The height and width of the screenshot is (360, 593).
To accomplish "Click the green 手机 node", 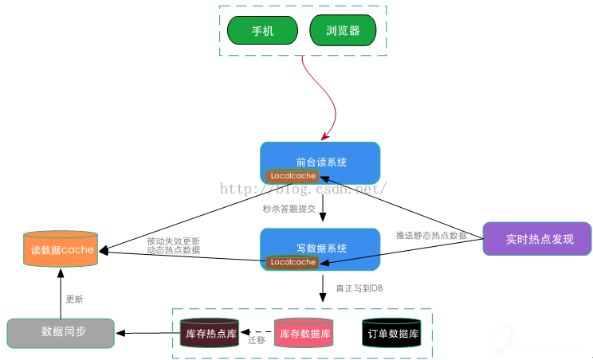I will coord(262,31).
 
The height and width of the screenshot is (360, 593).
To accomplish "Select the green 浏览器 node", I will coord(343,31).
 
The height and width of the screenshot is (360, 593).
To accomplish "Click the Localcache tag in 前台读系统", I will coord(293,176).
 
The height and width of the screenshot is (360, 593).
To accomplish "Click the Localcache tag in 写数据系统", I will coord(293,262).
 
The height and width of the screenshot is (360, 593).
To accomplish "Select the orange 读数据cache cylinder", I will coord(61,250).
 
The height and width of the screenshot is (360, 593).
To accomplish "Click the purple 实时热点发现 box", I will coord(537,239).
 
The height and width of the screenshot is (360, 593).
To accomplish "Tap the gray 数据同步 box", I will coord(61,332).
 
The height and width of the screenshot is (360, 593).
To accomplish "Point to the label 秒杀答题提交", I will coord(289,209).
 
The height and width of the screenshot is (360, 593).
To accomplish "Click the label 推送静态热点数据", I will coord(431,235).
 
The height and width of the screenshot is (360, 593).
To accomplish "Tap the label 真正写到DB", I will coord(359,288).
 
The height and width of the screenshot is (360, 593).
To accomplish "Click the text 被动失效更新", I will coord(173,241).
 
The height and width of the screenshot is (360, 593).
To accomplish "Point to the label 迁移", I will coord(257,340).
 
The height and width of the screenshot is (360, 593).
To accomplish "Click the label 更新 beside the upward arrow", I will coord(74,299).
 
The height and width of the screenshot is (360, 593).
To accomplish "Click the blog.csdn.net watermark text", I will coord(303,190).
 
